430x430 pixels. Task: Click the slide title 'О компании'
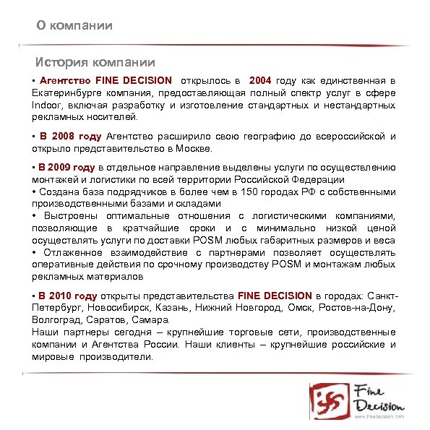point(75,26)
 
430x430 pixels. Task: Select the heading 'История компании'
point(96,63)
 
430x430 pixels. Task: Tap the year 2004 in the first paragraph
point(260,81)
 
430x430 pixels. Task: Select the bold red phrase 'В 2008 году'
point(71,136)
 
